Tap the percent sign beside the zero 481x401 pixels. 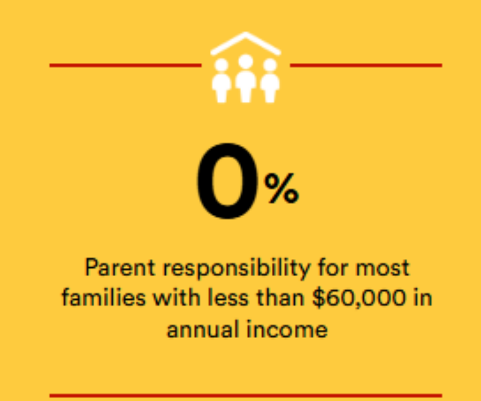pos(282,188)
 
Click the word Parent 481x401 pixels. pos(120,267)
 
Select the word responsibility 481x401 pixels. pos(237,268)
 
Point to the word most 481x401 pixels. pos(382,268)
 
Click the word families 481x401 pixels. pos(104,297)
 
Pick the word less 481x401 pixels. pos(228,297)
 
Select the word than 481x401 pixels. pos(280,297)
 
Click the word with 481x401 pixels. pos(177,297)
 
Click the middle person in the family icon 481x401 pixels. pos(246,80)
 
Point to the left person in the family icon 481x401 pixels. pos(222,82)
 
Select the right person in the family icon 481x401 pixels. pos(270,82)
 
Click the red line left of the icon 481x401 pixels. pos(126,65)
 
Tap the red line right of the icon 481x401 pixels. pos(366,65)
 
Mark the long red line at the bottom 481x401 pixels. pos(246,396)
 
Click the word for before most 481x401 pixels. pos(333,267)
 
